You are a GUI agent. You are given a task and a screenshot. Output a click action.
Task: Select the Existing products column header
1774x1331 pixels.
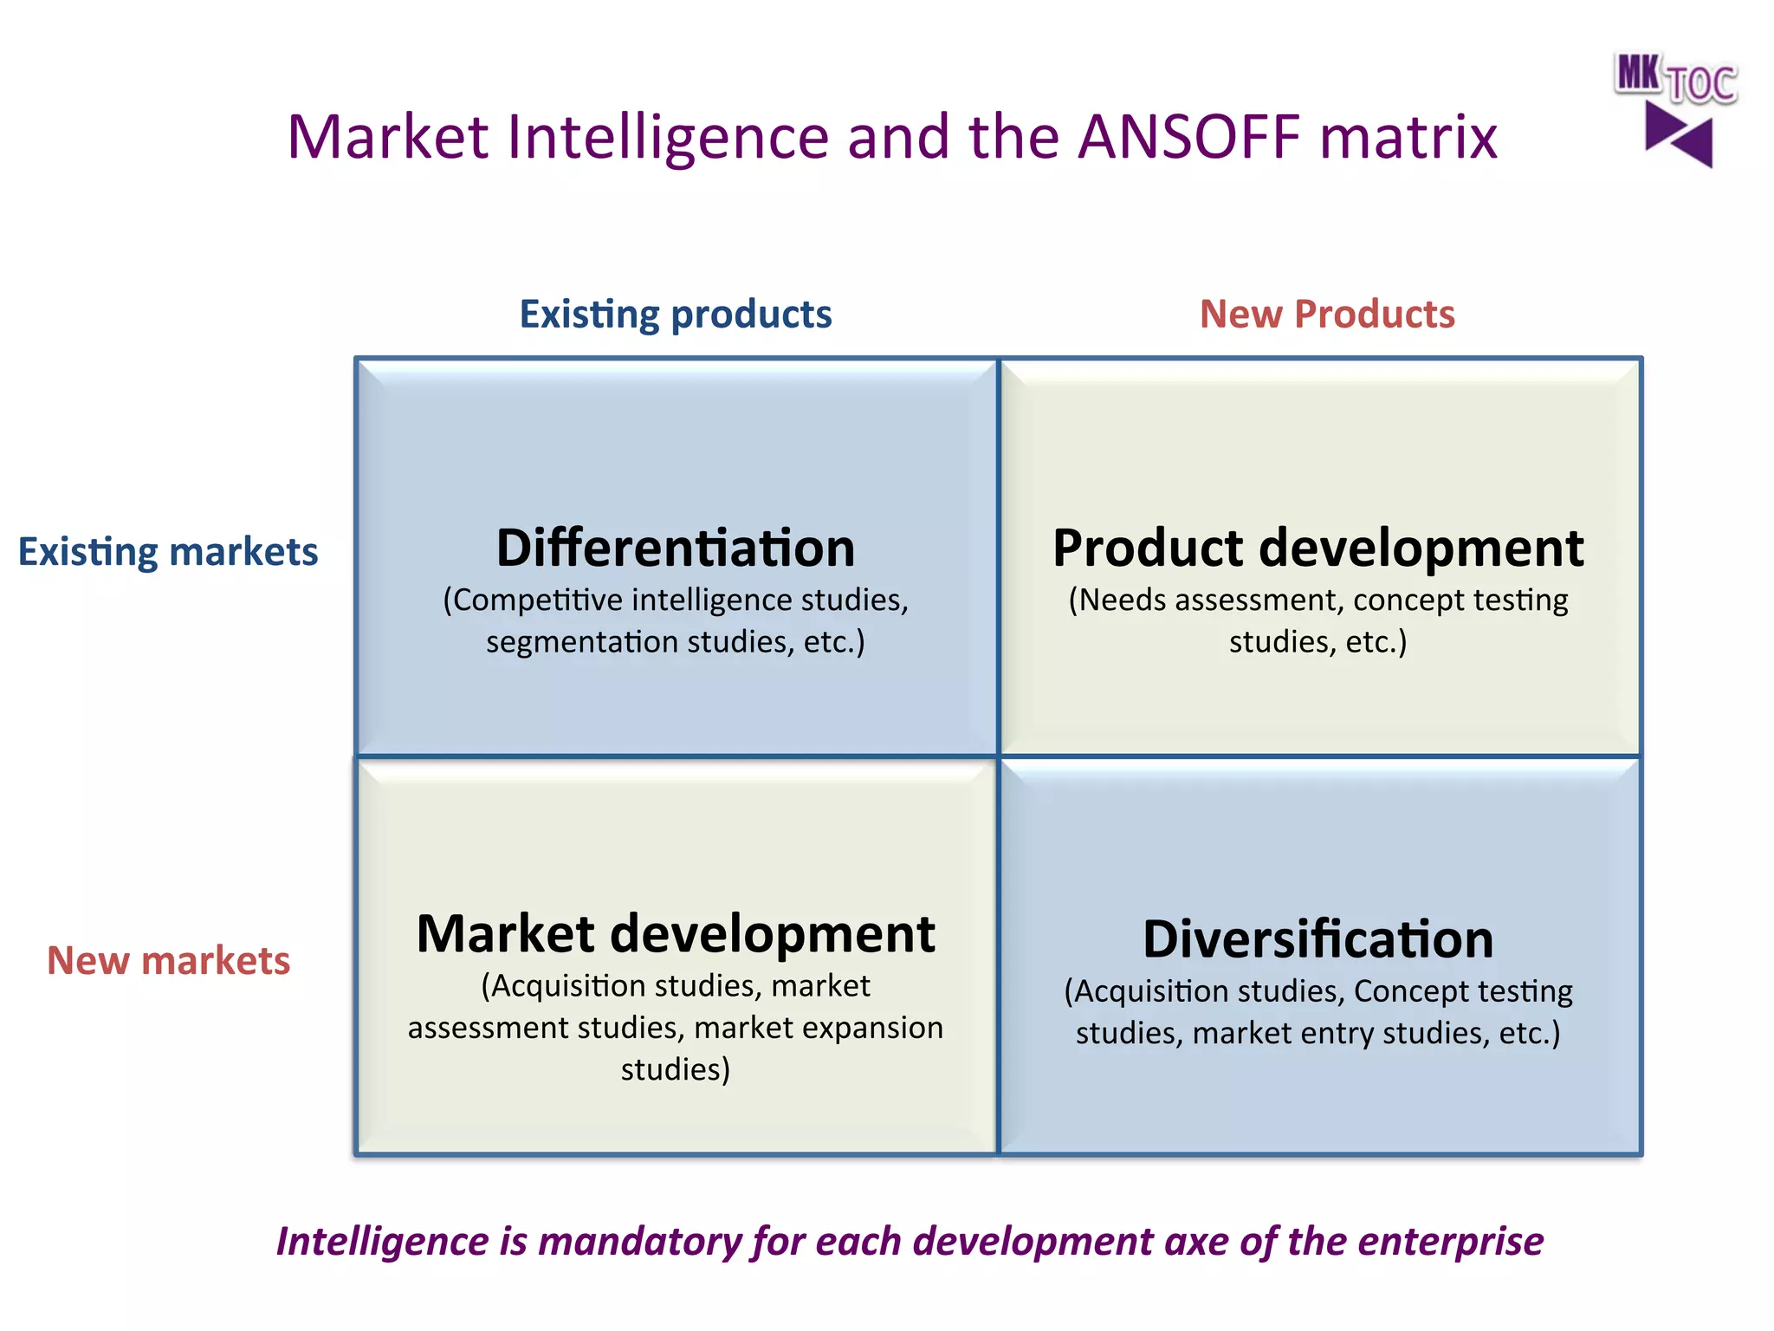click(x=675, y=314)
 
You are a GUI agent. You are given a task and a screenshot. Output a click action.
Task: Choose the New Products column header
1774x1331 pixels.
click(x=1326, y=314)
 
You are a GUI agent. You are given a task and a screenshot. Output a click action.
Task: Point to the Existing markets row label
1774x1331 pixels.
click(x=168, y=552)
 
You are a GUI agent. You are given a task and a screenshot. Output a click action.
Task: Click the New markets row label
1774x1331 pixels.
click(x=168, y=960)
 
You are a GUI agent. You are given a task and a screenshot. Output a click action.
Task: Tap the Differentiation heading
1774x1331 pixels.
click(x=675, y=548)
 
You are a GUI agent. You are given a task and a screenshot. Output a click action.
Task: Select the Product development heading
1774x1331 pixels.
click(x=1318, y=548)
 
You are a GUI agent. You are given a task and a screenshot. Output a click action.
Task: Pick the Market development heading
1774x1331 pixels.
click(x=675, y=934)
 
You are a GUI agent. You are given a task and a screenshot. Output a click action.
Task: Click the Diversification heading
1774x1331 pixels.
click(x=1318, y=939)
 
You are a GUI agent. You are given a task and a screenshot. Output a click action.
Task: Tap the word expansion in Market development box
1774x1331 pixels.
click(x=872, y=1028)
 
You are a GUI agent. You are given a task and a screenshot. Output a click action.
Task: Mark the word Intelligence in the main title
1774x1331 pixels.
click(x=668, y=137)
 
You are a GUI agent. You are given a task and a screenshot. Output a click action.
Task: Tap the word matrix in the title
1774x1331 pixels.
click(x=1408, y=137)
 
